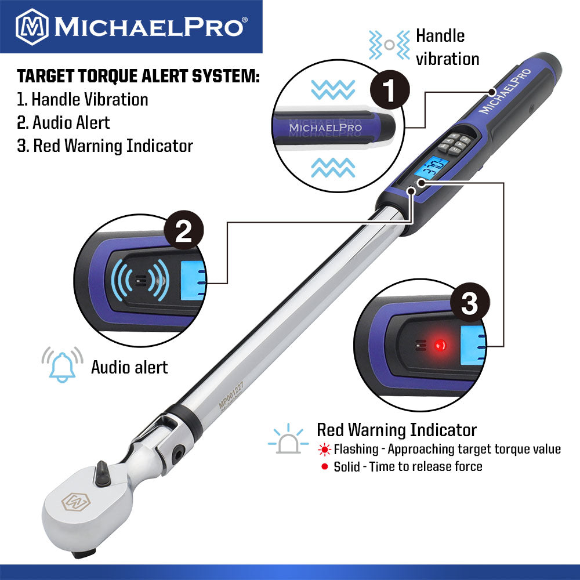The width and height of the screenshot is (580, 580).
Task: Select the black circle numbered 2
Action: point(183,233)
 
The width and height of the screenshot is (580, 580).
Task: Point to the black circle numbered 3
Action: point(469,303)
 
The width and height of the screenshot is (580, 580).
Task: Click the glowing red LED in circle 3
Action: point(440,345)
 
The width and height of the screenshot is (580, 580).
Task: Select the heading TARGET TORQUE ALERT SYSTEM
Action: point(138,77)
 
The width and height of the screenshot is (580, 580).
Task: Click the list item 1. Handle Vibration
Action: point(82,99)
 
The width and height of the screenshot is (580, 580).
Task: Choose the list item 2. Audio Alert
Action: point(63,122)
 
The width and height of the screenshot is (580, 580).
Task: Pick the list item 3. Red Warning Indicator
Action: point(104,146)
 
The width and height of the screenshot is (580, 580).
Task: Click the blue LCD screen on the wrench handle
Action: point(429,171)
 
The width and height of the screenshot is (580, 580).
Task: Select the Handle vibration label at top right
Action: point(447,48)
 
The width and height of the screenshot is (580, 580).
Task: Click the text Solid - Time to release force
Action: point(408,466)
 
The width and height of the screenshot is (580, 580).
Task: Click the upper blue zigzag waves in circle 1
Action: point(333,89)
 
